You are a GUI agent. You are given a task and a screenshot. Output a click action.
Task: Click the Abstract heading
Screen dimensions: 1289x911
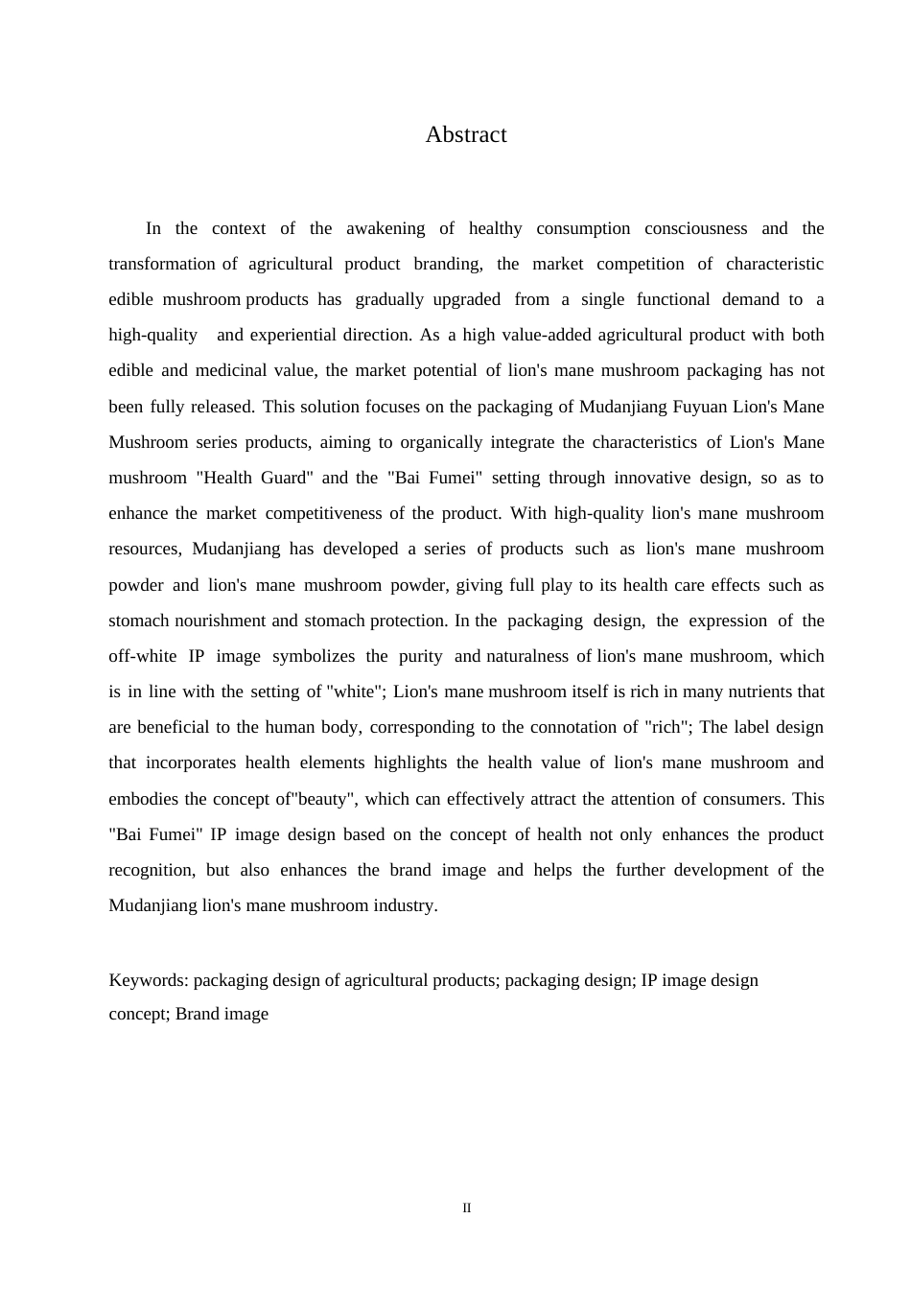pyautogui.click(x=466, y=135)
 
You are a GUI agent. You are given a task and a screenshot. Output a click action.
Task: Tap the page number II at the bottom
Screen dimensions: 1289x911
pyautogui.click(x=467, y=1208)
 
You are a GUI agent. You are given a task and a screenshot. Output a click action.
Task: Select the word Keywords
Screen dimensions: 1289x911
pyautogui.click(x=149, y=980)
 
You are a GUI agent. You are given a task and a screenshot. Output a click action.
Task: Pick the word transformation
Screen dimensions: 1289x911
pyautogui.click(x=162, y=264)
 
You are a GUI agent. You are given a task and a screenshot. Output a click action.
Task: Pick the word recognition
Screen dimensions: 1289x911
pyautogui.click(x=152, y=870)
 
